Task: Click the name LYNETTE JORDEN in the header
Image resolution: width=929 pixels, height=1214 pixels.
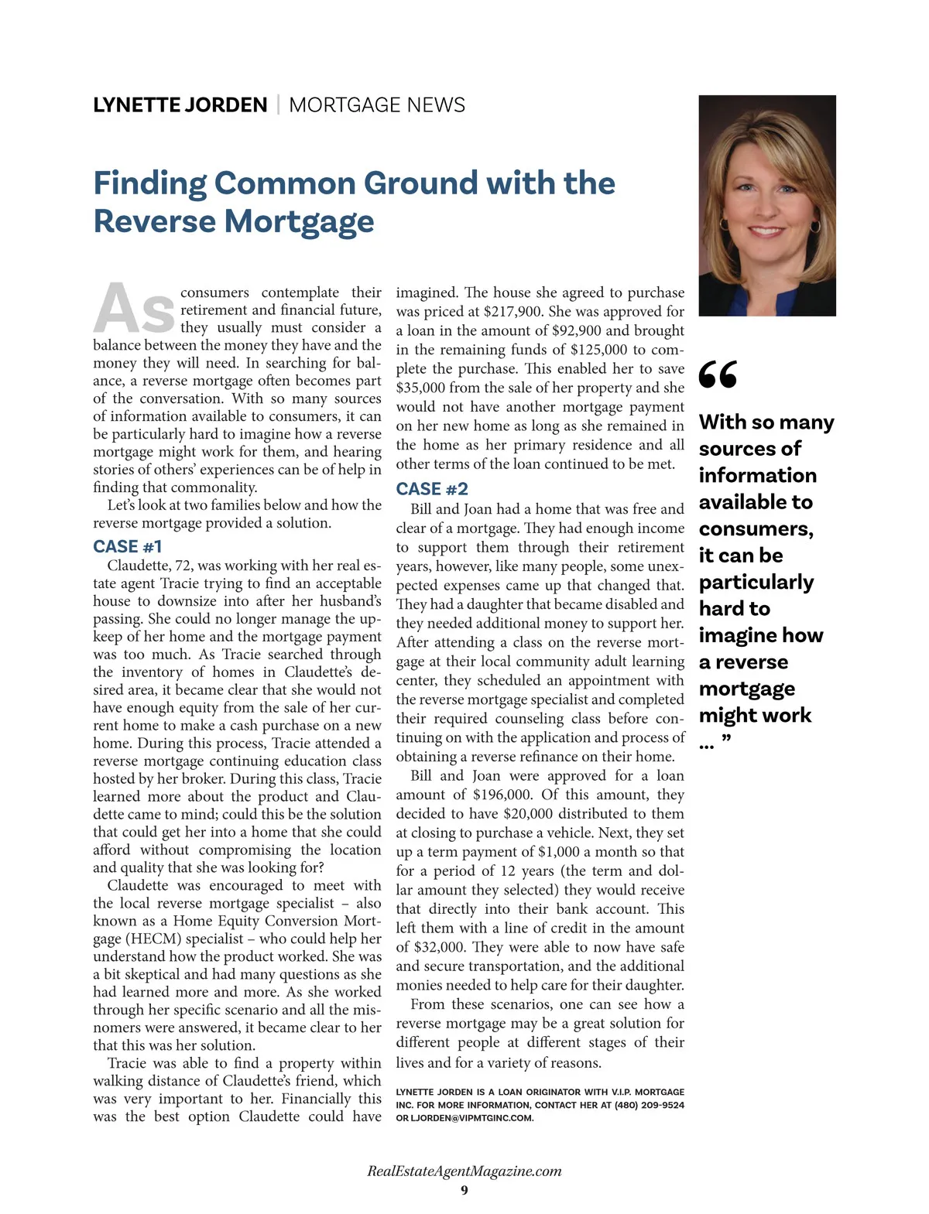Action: click(x=180, y=105)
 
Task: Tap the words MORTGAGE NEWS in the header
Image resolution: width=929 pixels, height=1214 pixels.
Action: click(x=377, y=105)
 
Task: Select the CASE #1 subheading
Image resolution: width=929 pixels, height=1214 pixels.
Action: click(x=128, y=546)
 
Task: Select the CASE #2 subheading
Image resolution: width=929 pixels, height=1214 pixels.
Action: click(x=432, y=489)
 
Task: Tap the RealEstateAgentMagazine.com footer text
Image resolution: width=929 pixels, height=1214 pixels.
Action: click(x=464, y=1171)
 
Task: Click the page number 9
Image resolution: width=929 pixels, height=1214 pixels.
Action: click(x=464, y=1190)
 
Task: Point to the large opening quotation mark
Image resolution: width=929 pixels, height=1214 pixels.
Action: click(x=718, y=374)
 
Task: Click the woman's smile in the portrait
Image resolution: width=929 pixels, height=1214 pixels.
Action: click(x=766, y=231)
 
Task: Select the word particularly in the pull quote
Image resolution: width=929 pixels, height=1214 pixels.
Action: click(x=756, y=582)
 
